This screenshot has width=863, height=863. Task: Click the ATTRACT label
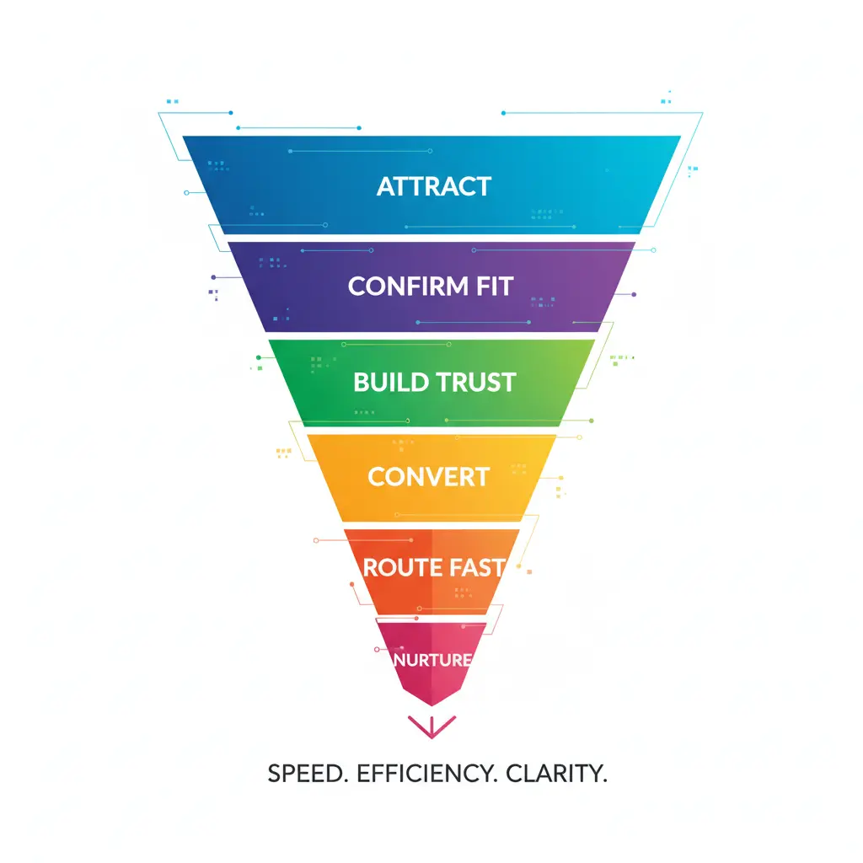point(433,186)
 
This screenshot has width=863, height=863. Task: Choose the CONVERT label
point(428,477)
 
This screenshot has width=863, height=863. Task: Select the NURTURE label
point(432,660)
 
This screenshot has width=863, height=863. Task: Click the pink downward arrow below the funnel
point(431,726)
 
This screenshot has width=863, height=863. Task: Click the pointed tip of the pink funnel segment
point(431,704)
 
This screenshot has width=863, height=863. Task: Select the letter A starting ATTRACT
point(386,186)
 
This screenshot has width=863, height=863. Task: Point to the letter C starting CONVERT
point(377,477)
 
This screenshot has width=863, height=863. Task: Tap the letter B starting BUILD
point(362,382)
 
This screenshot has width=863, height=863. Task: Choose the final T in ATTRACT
point(483,186)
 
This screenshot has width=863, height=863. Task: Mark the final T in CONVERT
point(481,477)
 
